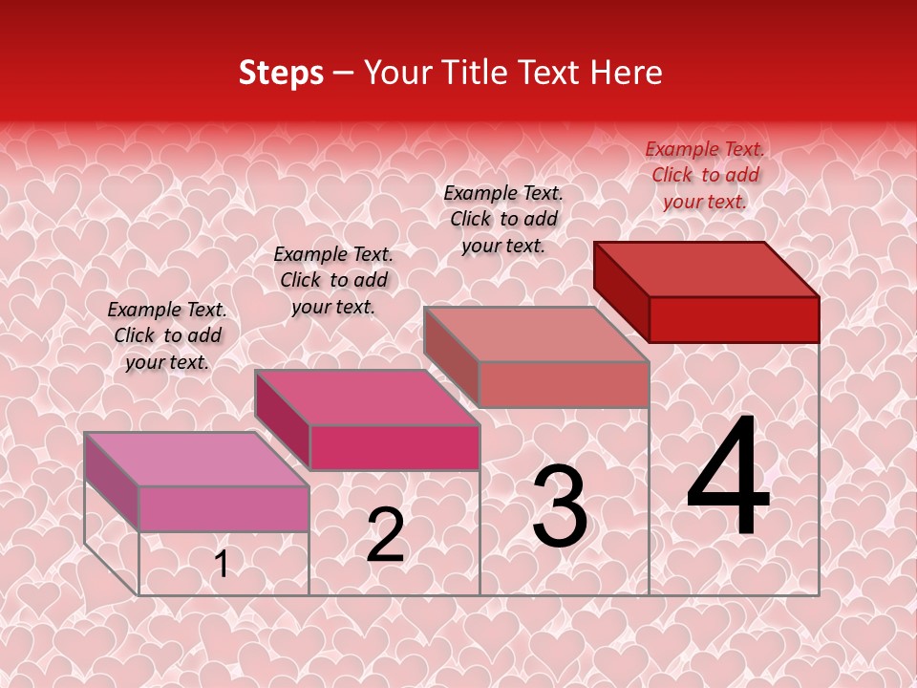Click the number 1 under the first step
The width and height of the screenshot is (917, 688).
click(x=222, y=564)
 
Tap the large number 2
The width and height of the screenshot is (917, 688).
click(x=385, y=535)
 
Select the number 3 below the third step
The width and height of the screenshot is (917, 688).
click(x=560, y=506)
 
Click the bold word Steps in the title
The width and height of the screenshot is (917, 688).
click(x=281, y=73)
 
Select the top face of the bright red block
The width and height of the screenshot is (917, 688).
click(x=707, y=269)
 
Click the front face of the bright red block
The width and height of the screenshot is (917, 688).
click(x=734, y=319)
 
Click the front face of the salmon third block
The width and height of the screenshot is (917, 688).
click(x=564, y=384)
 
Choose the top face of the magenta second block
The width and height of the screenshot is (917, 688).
click(x=367, y=398)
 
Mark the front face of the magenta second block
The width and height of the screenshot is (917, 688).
click(x=395, y=447)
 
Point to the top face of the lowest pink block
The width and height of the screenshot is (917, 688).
click(x=197, y=459)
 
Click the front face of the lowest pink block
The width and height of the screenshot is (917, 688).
click(x=224, y=508)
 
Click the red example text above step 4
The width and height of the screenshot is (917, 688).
click(x=705, y=175)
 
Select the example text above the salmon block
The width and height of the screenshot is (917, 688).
click(x=503, y=219)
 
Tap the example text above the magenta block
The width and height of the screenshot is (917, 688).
click(x=333, y=280)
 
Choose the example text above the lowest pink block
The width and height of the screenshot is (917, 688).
click(x=167, y=335)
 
